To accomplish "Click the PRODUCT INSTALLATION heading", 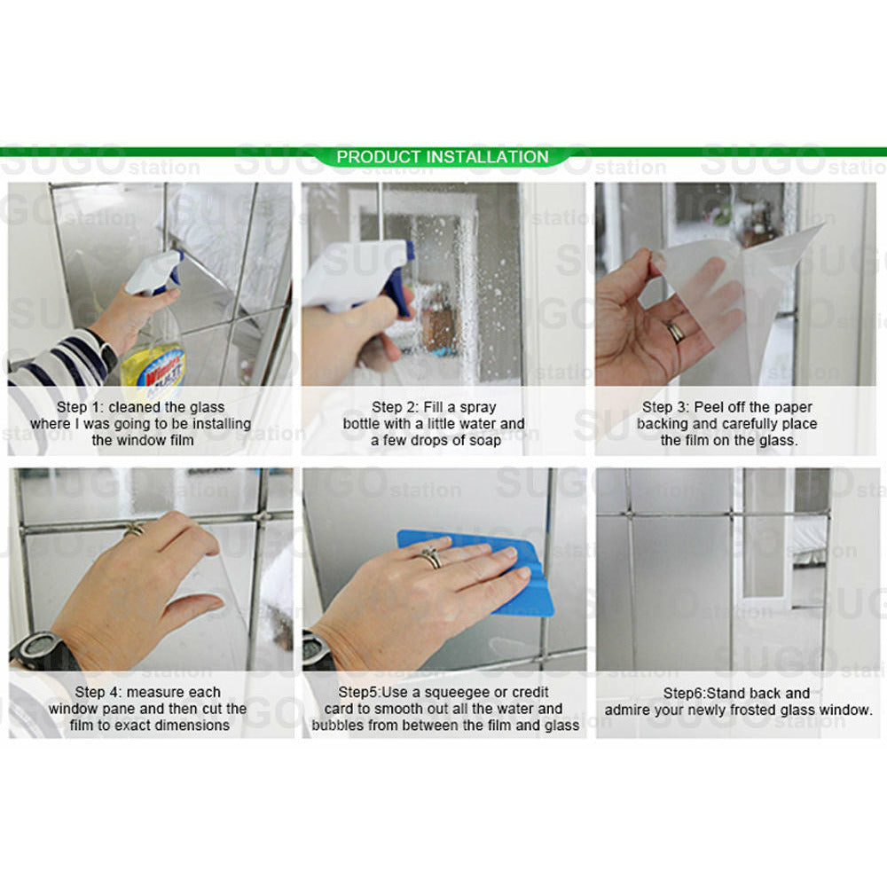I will tap(443, 157).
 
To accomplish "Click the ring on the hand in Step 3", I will tap(676, 331).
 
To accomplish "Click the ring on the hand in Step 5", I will tap(432, 558).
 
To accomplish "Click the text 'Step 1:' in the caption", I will tap(83, 407).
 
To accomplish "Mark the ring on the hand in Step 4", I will tap(134, 530).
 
